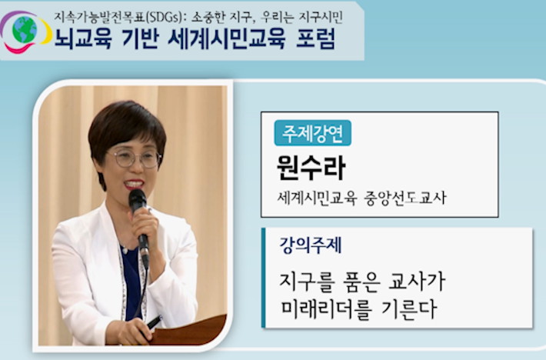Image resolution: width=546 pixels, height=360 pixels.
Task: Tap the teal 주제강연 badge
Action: (312, 133)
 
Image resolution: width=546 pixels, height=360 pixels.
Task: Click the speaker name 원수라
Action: (311, 168)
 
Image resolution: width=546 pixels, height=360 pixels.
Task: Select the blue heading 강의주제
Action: (311, 245)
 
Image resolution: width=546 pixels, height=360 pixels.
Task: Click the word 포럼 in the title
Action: (315, 38)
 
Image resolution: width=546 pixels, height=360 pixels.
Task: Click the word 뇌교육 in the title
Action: (83, 38)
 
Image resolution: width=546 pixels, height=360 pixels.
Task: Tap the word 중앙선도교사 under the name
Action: (405, 198)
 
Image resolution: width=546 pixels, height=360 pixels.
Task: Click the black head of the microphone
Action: (138, 200)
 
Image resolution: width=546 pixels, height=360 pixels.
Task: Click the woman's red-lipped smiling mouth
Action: (134, 184)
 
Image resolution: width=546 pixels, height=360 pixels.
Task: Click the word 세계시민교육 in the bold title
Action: (226, 38)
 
